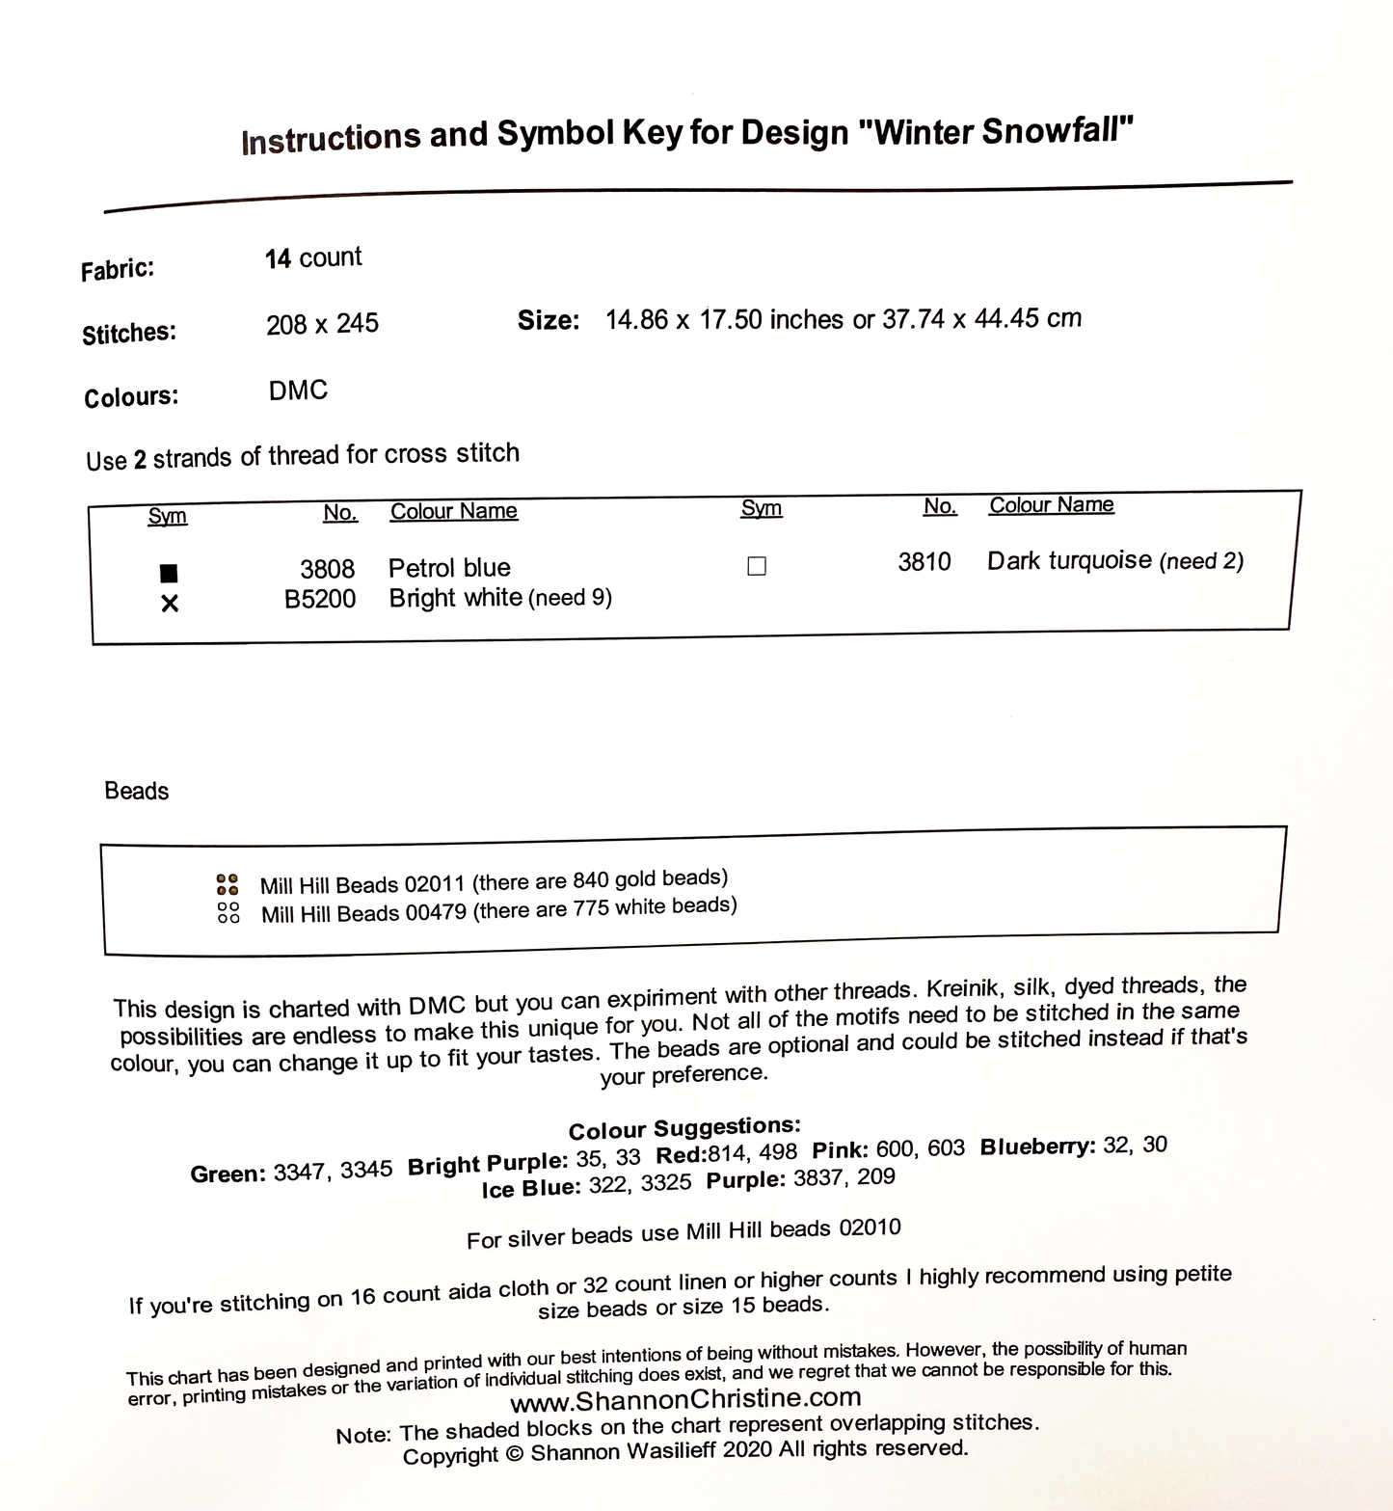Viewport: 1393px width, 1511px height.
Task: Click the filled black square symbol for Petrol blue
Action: tap(169, 573)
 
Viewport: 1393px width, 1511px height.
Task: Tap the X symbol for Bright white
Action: tap(170, 604)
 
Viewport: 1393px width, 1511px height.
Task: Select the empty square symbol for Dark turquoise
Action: tap(757, 566)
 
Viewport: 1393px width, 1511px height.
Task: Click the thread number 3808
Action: tap(327, 569)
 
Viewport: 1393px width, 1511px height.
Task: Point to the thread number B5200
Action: tap(320, 600)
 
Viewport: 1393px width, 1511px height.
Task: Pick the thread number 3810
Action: tap(924, 561)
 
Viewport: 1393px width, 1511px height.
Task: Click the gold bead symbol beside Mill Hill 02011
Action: tap(228, 884)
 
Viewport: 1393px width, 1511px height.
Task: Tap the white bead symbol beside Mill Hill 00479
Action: tap(228, 912)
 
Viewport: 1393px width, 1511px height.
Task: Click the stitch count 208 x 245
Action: tap(322, 324)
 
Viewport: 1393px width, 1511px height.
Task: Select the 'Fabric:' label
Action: tap(118, 269)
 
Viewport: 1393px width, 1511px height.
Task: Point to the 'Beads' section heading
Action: tap(136, 791)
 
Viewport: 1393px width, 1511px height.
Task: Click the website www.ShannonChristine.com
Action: tap(685, 1399)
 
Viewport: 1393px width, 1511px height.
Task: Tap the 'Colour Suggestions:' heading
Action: tap(684, 1128)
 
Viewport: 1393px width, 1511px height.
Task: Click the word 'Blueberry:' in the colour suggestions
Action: tap(1037, 1147)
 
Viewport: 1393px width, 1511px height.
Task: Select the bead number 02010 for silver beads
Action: tap(870, 1228)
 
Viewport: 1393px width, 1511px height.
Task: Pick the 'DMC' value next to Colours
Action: tap(298, 391)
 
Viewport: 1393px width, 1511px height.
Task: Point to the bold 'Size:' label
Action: tap(549, 320)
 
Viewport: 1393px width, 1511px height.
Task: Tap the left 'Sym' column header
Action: tap(167, 516)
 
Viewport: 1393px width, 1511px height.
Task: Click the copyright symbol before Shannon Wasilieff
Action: tap(514, 1454)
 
